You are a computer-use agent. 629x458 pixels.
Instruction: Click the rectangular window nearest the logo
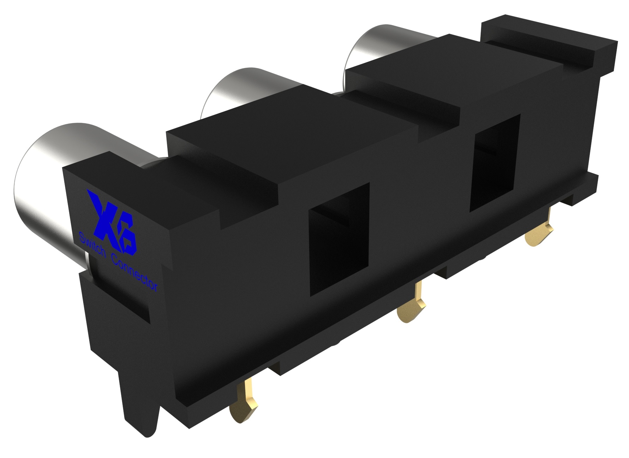tap(338, 239)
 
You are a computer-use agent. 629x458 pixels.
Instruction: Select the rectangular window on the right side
tap(496, 163)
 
